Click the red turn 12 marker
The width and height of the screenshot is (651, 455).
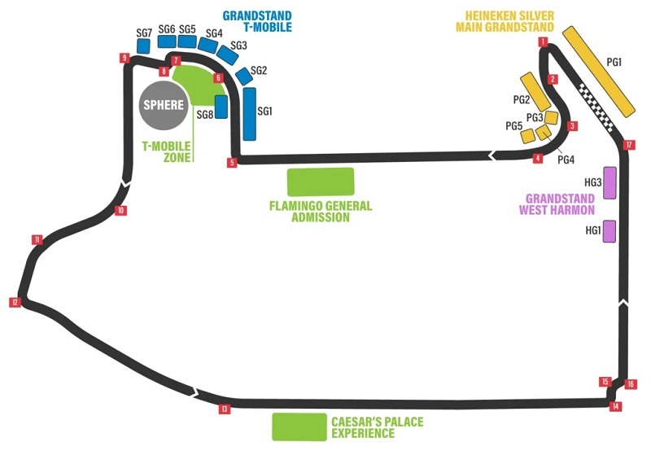tap(15, 302)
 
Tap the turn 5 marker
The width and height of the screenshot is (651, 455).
tap(232, 163)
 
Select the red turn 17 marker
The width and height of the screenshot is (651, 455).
tap(629, 145)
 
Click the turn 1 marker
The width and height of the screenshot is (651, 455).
tap(542, 42)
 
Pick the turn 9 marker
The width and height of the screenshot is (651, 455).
tap(125, 58)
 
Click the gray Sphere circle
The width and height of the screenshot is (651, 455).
tap(164, 104)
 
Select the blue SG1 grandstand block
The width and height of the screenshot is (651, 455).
tap(249, 112)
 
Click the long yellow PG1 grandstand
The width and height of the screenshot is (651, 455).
tap(599, 71)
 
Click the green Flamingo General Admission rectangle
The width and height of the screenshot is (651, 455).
tap(321, 182)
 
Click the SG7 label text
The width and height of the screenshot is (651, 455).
tap(144, 33)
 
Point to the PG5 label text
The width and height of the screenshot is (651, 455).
tap(513, 126)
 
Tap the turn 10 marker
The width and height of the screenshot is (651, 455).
tap(120, 211)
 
